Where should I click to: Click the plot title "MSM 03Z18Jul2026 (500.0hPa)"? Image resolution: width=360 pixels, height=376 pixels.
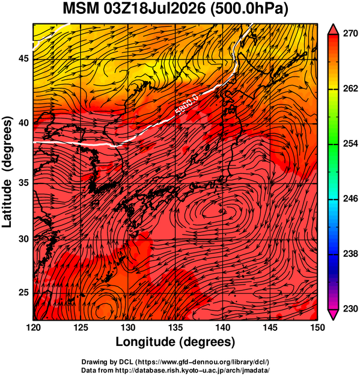(175, 9)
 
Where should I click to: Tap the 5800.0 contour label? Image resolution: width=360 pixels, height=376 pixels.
(187, 104)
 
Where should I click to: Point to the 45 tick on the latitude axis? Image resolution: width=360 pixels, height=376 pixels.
(23, 59)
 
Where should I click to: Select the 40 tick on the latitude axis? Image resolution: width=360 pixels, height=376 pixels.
(23, 123)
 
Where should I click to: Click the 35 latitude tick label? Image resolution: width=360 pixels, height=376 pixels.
(23, 183)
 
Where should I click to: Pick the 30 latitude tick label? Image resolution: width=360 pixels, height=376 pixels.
(23, 239)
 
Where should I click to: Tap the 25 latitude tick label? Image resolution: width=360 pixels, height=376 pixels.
(23, 293)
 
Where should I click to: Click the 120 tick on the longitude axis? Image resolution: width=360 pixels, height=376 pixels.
(33, 327)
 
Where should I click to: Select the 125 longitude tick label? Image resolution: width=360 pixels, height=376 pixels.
(81, 327)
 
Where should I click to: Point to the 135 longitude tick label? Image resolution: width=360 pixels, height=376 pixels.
(175, 327)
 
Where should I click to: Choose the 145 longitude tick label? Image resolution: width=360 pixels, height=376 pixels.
(270, 327)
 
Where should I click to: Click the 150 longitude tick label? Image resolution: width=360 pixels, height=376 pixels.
(317, 327)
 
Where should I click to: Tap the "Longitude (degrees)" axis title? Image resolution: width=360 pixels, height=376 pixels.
(175, 342)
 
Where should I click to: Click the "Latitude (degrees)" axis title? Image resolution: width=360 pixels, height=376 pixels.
(7, 171)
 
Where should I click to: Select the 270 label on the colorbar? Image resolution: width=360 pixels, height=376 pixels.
(350, 34)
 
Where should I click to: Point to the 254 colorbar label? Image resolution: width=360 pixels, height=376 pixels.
(350, 144)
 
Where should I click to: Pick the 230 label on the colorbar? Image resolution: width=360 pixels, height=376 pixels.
(350, 309)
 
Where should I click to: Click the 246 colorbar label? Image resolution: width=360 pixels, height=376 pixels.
(350, 199)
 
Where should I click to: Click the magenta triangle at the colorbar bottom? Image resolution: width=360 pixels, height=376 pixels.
(333, 314)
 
